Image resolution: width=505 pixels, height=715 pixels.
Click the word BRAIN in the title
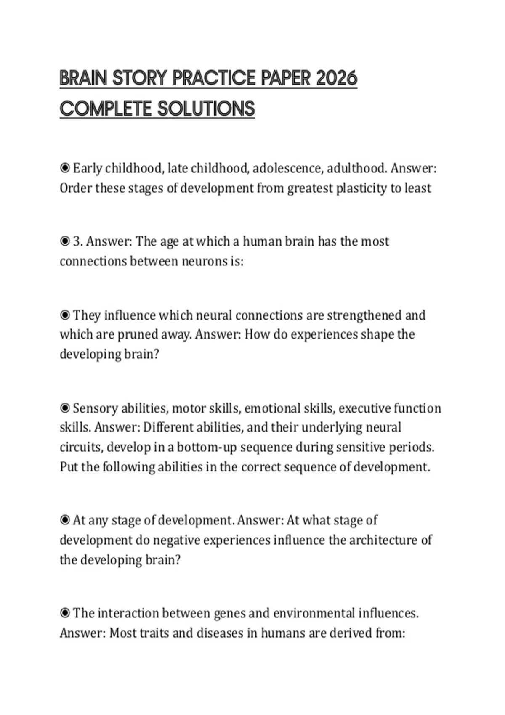click(x=83, y=79)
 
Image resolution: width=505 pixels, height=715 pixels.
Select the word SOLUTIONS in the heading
click(x=206, y=109)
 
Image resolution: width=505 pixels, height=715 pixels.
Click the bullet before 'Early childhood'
click(x=65, y=168)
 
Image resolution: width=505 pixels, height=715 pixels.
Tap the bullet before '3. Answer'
click(x=65, y=241)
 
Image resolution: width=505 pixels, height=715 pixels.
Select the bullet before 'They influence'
click(x=65, y=315)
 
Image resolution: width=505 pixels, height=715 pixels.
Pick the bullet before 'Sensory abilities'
click(x=65, y=408)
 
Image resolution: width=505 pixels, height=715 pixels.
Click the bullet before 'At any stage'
click(x=65, y=520)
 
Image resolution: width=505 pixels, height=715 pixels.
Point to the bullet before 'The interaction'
click(x=65, y=613)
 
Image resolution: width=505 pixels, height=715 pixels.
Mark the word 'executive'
click(x=364, y=408)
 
